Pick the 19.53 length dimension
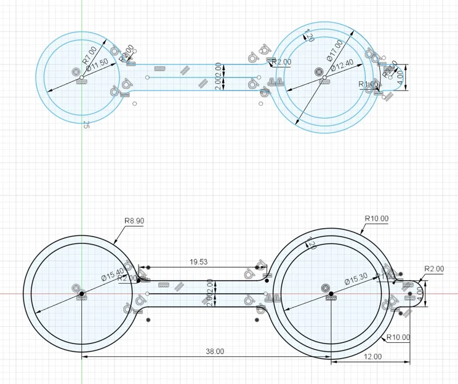(198, 262)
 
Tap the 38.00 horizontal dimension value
(214, 351)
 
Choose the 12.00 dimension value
(373, 356)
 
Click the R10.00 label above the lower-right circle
(376, 218)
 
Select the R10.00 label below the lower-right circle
(398, 337)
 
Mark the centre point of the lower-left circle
(81, 294)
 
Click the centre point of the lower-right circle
(331, 294)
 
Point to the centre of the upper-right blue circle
(319, 72)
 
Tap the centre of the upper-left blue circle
(77, 72)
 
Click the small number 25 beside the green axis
(86, 124)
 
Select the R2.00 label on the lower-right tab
(434, 268)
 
